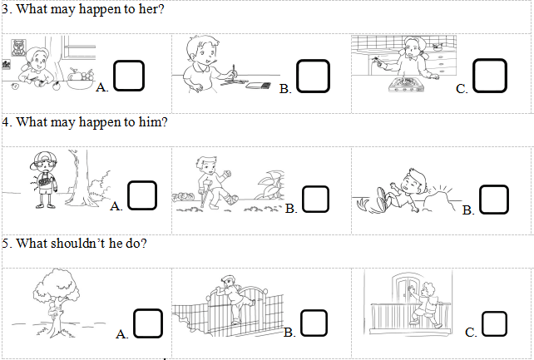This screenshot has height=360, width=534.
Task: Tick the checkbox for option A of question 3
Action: [129, 76]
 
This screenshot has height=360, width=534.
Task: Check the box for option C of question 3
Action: [490, 76]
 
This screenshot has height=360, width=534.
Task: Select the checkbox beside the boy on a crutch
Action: [315, 199]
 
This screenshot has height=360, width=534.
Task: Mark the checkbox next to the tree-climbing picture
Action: [147, 323]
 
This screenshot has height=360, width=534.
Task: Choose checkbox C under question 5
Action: [495, 324]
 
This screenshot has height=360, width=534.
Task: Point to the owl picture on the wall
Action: [18, 47]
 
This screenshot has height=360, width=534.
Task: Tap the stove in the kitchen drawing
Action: [405, 85]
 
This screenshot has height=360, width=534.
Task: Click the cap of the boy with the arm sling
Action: [41, 160]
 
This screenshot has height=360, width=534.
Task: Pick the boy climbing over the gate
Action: [233, 298]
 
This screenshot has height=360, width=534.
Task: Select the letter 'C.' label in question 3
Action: [462, 89]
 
